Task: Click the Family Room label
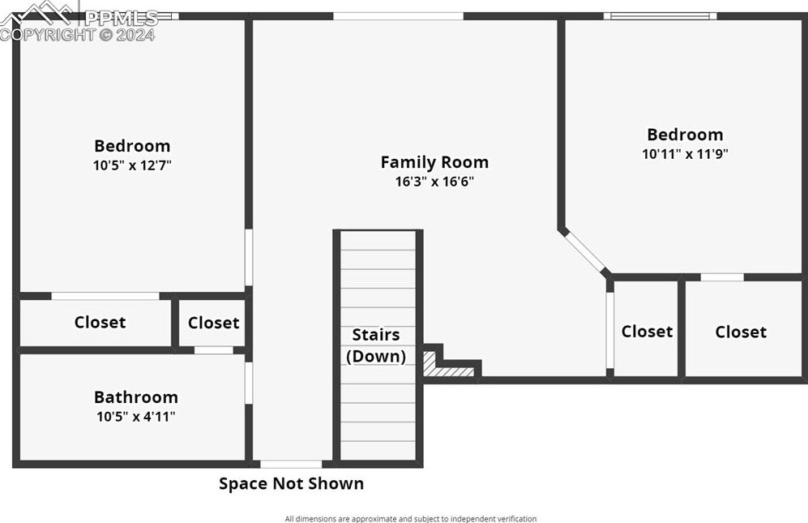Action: tap(434, 162)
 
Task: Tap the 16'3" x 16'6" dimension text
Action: tap(434, 182)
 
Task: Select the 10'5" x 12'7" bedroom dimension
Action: tap(132, 165)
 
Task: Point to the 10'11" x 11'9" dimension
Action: tap(685, 154)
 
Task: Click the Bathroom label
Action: tap(136, 397)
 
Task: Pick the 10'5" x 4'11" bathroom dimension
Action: tap(136, 417)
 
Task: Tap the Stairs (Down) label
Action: tap(376, 345)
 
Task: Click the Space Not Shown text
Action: tap(291, 483)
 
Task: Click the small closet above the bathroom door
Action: tap(212, 323)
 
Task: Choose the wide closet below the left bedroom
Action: tap(96, 323)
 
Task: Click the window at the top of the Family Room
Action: tap(399, 16)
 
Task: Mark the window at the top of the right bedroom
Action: tap(661, 16)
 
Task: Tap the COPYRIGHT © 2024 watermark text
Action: tap(77, 35)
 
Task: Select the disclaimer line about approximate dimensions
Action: tap(411, 518)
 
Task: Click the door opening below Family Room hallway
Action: tap(291, 464)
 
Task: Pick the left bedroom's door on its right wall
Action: tap(248, 257)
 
